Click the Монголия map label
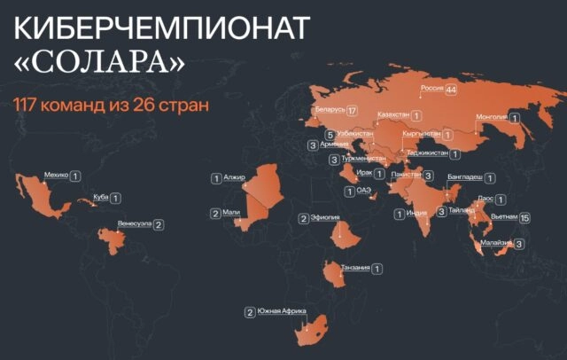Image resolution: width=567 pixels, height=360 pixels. tap(491, 116)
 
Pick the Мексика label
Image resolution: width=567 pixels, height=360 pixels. tap(55, 176)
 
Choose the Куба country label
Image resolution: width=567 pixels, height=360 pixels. tap(101, 199)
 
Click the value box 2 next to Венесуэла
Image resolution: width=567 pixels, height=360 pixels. tap(158, 225)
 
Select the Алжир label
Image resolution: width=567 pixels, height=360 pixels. tap(234, 178)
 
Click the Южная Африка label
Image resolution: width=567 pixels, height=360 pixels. tap(282, 311)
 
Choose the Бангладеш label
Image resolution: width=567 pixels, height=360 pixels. tap(465, 177)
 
